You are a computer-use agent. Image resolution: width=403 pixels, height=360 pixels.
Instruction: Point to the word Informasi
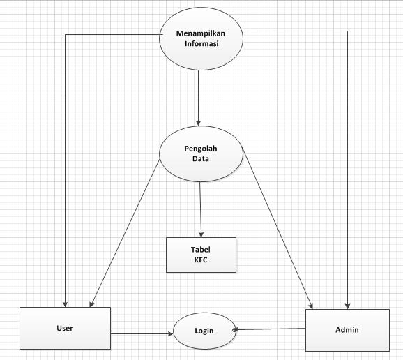coord(200,43)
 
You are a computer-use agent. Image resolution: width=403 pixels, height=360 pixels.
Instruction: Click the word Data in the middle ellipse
coord(201,158)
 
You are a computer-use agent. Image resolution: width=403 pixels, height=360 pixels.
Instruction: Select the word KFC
coord(201,260)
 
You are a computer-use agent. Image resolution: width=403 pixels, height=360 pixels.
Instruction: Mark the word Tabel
coord(201,249)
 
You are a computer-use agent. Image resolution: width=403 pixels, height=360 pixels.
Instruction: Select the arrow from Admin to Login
coord(272,329)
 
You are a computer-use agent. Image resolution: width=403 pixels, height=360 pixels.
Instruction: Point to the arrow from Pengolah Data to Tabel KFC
coord(201,209)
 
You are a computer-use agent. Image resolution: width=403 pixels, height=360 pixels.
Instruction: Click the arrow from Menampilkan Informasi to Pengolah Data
coord(199,98)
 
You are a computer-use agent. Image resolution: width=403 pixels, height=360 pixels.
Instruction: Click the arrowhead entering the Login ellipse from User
coord(170,333)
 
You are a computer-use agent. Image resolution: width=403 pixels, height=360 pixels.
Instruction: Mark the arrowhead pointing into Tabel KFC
coord(201,234)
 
